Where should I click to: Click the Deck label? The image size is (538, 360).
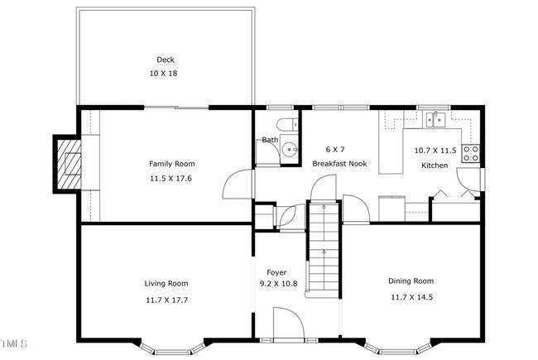166,60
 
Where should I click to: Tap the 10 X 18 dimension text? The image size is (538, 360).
163,74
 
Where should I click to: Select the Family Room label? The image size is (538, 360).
172,164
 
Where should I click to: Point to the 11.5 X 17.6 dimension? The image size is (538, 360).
171,179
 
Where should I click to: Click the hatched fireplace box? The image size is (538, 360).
69,164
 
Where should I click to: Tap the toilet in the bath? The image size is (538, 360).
287,124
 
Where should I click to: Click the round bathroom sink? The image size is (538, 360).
290,150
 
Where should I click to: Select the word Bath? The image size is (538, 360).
270,140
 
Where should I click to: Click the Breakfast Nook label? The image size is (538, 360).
339,164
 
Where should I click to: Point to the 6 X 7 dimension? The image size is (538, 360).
335,150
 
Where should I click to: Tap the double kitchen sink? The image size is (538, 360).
435,120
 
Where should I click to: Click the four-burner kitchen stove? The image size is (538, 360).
471,153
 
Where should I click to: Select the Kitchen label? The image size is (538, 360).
435,166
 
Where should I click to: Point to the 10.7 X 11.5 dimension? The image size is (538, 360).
435,151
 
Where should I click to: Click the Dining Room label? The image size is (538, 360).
411,281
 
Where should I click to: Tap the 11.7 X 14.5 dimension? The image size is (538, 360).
411,297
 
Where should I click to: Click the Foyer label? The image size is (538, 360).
276,272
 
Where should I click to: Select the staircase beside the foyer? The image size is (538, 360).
324,248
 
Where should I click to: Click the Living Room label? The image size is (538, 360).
166,284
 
